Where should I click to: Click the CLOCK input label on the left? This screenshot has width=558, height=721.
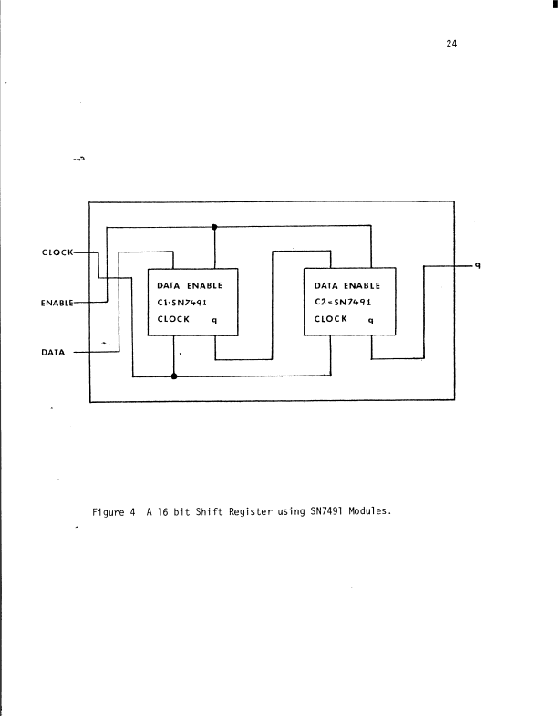click(x=57, y=252)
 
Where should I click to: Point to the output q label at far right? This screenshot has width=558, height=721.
click(x=477, y=265)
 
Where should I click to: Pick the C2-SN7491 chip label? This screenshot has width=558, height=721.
click(x=347, y=302)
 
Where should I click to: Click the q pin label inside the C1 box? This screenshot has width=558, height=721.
click(x=213, y=320)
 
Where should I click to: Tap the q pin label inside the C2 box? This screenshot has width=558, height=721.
click(x=370, y=320)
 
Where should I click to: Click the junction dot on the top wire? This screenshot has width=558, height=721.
click(x=214, y=226)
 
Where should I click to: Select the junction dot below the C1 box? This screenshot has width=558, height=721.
click(x=173, y=375)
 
